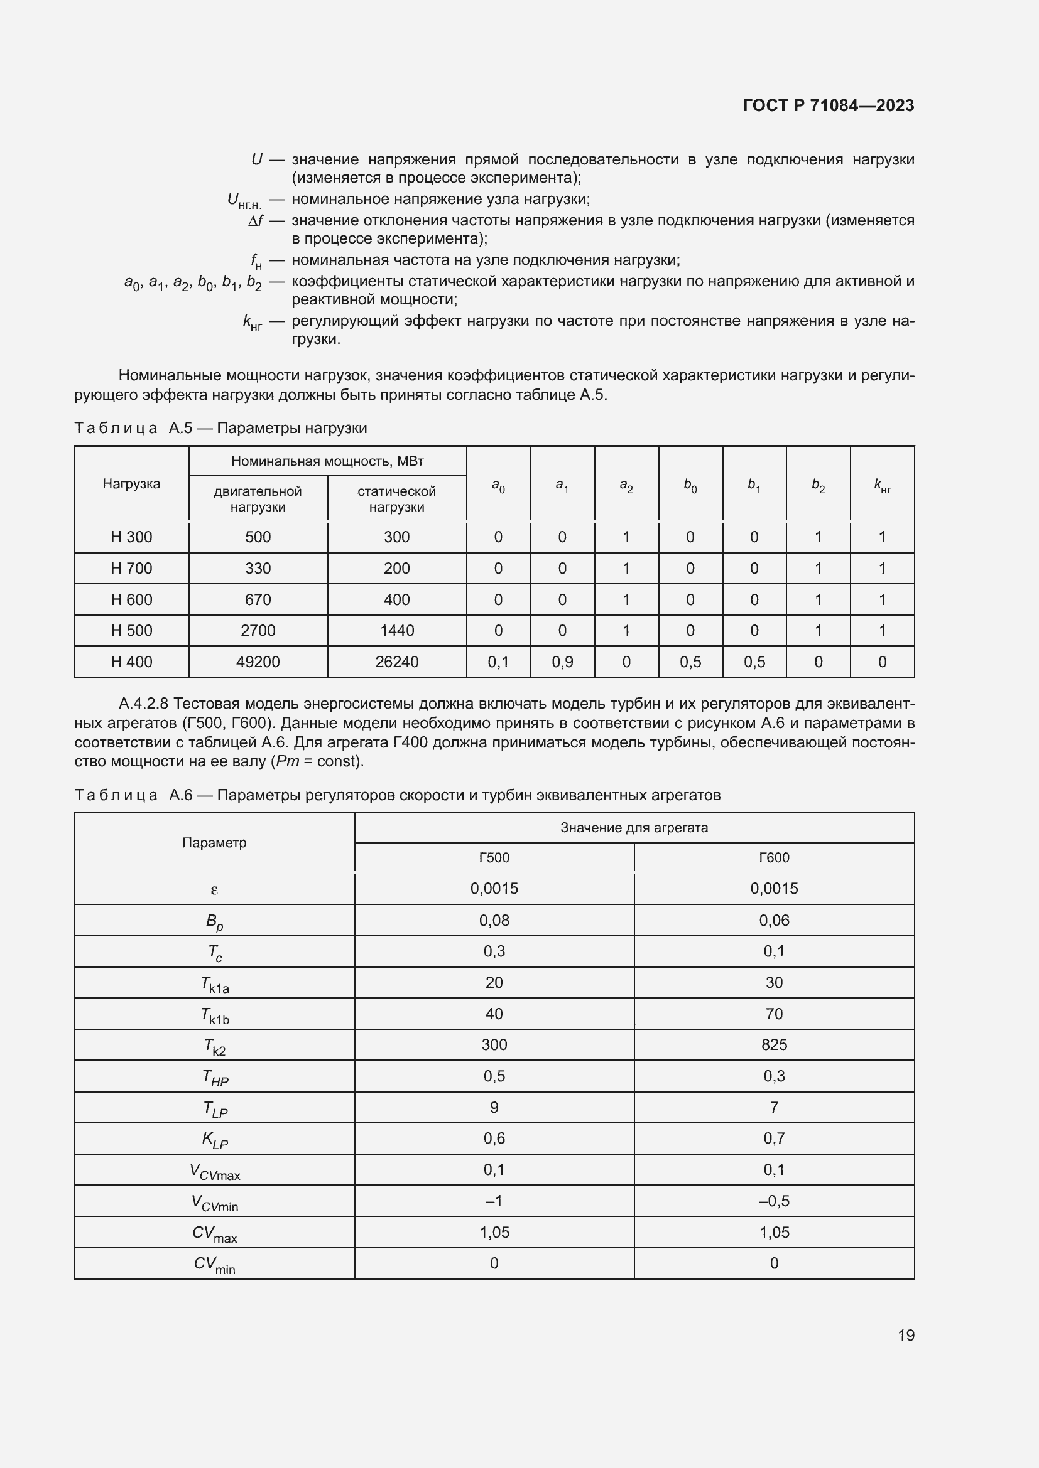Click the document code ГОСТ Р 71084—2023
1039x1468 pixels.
[828, 105]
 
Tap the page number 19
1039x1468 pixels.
[906, 1335]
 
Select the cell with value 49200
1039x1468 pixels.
[258, 662]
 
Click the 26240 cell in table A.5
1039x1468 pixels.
[396, 662]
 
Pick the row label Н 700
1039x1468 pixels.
[131, 569]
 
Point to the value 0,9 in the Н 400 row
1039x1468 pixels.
[562, 662]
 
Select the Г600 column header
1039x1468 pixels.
[773, 857]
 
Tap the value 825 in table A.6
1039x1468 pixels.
[773, 1045]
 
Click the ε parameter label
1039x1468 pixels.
[214, 889]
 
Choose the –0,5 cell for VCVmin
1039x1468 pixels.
[773, 1201]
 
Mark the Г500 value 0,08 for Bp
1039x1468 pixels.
[494, 920]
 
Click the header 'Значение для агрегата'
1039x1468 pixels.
[633, 827]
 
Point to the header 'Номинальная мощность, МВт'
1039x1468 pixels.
[327, 461]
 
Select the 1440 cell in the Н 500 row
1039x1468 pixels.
[396, 630]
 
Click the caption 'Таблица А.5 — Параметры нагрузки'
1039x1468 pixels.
[220, 428]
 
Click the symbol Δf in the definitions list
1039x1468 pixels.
[255, 220]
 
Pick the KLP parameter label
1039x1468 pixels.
[214, 1139]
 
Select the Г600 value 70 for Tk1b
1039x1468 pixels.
[773, 1014]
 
